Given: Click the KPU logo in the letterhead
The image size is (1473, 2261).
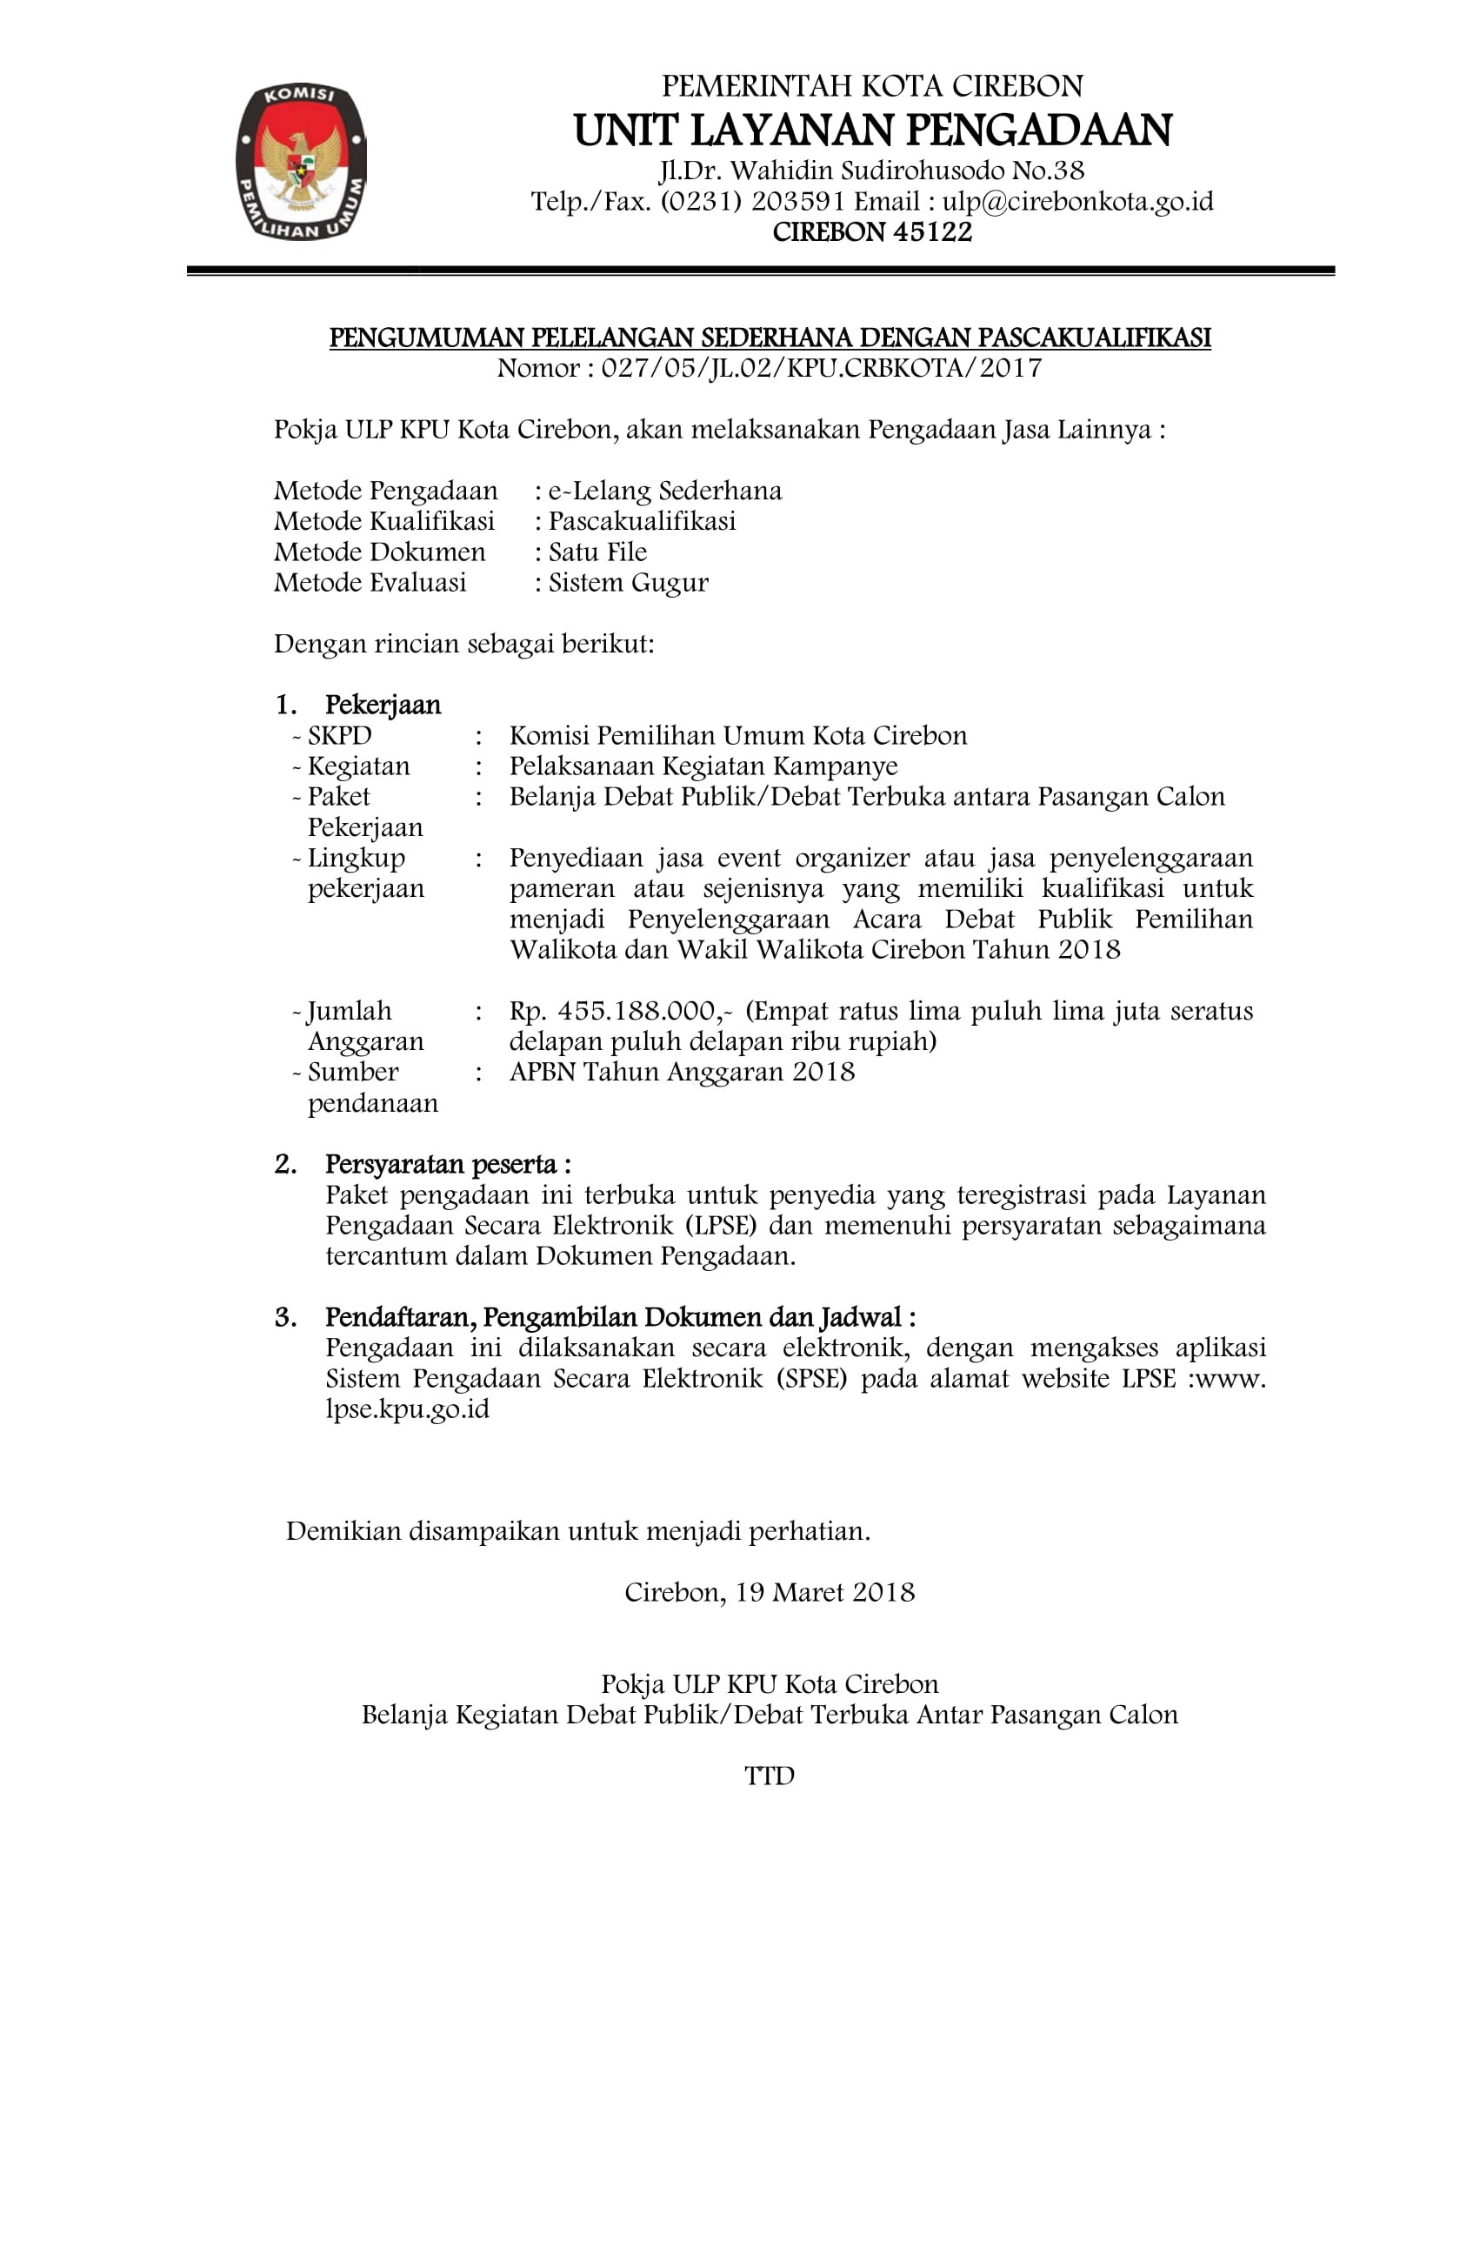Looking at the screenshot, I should [x=300, y=162].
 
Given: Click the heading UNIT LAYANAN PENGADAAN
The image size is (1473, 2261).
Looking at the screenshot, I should [x=872, y=131].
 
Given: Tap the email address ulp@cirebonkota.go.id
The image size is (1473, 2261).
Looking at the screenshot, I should [x=1077, y=202].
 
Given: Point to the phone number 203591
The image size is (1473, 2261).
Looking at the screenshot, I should [x=797, y=202].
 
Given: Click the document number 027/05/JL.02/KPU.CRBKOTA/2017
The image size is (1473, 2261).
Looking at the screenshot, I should [x=821, y=369].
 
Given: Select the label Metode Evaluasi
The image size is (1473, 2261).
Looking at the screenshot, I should [x=370, y=582].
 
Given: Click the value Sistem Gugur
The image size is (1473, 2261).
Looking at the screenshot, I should [x=628, y=582].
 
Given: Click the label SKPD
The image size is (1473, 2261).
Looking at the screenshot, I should [x=339, y=736].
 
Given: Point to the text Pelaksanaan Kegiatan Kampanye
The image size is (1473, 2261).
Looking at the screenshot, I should [x=703, y=766].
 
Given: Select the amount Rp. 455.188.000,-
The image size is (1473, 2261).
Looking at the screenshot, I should [x=620, y=1011].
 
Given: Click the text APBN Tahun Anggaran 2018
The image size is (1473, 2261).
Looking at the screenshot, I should [x=682, y=1073].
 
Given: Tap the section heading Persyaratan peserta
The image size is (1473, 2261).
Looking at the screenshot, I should [x=446, y=1165].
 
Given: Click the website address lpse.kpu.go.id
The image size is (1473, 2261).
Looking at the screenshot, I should [x=408, y=1410].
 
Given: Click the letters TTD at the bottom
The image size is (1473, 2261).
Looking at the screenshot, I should [x=769, y=1776].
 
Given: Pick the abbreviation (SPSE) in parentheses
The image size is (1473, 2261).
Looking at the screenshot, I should [x=810, y=1379].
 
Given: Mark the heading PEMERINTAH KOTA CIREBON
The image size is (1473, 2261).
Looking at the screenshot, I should [x=872, y=86].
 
